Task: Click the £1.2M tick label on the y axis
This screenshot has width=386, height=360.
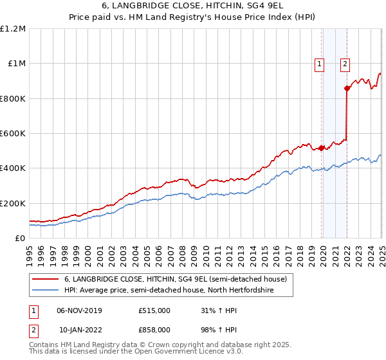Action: (13, 29)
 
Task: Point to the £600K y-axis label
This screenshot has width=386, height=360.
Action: (13, 134)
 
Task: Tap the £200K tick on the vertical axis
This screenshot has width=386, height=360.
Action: (13, 203)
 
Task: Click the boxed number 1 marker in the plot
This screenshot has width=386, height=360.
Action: (319, 63)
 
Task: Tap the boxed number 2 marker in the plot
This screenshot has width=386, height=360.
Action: (345, 63)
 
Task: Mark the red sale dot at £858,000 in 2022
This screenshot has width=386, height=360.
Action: (347, 88)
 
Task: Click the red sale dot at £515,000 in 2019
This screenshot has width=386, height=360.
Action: (322, 148)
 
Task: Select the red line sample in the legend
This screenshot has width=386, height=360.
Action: (45, 279)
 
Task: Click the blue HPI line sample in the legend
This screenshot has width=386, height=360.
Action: (45, 291)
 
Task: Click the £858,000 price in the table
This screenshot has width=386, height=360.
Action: (154, 329)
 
